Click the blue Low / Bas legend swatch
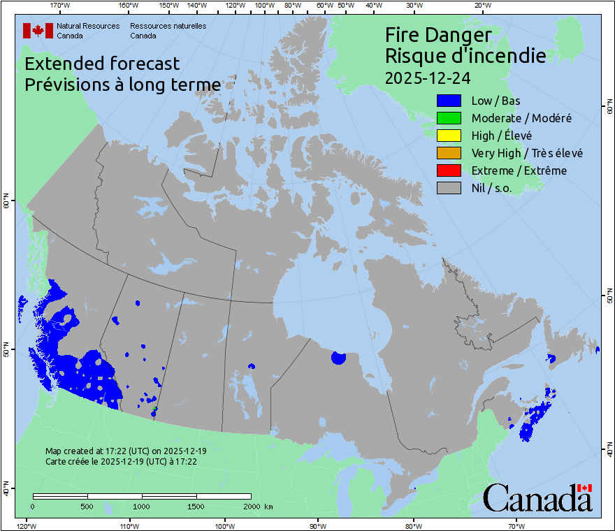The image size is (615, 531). pyautogui.click(x=448, y=101)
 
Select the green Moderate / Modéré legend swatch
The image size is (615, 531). pyautogui.click(x=448, y=119)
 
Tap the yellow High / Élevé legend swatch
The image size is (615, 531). pyautogui.click(x=448, y=136)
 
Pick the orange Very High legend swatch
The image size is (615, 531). pyautogui.click(x=448, y=153)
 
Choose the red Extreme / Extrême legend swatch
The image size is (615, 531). pyautogui.click(x=448, y=170)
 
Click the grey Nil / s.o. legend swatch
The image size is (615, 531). pyautogui.click(x=448, y=188)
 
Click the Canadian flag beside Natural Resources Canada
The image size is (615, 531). pyautogui.click(x=38, y=31)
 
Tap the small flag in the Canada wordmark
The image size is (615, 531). pyautogui.click(x=584, y=488)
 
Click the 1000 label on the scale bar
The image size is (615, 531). pyautogui.click(x=142, y=506)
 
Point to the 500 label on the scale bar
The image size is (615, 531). pyautogui.click(x=87, y=506)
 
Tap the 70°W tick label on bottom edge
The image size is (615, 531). pyautogui.click(x=516, y=525)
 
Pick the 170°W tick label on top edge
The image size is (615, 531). pyautogui.click(x=61, y=6)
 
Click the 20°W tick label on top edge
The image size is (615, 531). pyautogui.click(x=481, y=6)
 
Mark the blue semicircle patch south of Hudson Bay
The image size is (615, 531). pyautogui.click(x=338, y=358)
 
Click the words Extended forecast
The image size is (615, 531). pyautogui.click(x=102, y=64)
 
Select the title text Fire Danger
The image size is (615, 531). pyautogui.click(x=438, y=35)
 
